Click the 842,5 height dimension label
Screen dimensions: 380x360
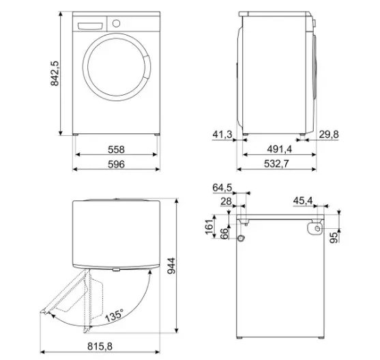[55, 73]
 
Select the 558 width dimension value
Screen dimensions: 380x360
[117, 150]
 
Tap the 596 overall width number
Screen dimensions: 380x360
[117, 164]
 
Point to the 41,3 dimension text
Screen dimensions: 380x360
[222, 135]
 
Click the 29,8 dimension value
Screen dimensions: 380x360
[329, 135]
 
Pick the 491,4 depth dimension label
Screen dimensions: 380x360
[280, 149]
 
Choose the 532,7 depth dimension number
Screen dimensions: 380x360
[276, 164]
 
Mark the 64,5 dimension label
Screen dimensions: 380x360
[222, 188]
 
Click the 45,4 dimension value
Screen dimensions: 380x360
[303, 201]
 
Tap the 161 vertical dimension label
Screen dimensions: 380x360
[209, 227]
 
